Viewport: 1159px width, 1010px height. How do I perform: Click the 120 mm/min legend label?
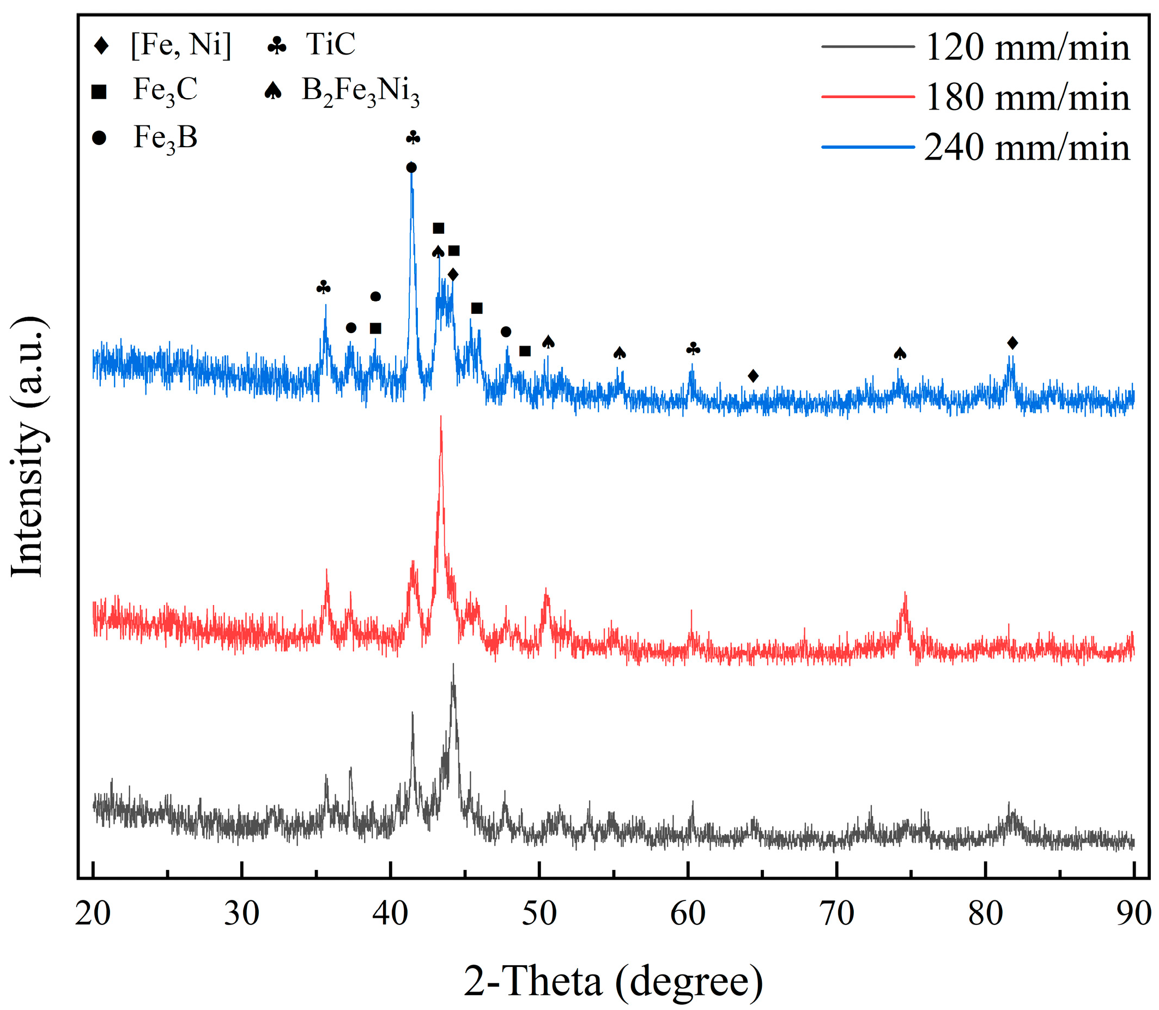[x=1027, y=47]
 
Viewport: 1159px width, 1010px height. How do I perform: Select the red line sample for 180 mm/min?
[x=867, y=97]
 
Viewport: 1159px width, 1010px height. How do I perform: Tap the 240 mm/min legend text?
[x=1027, y=148]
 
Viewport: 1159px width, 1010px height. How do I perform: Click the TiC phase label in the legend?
[x=330, y=44]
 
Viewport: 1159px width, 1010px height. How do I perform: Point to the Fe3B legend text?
[x=165, y=138]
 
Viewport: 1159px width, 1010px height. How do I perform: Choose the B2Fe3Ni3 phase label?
[x=361, y=92]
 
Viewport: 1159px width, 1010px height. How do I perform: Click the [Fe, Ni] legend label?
[x=181, y=44]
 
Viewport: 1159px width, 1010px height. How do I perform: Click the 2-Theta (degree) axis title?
[x=613, y=981]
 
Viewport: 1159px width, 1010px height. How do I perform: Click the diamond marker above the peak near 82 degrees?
[x=1012, y=343]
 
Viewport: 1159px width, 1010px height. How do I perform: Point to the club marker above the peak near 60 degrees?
[x=693, y=349]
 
